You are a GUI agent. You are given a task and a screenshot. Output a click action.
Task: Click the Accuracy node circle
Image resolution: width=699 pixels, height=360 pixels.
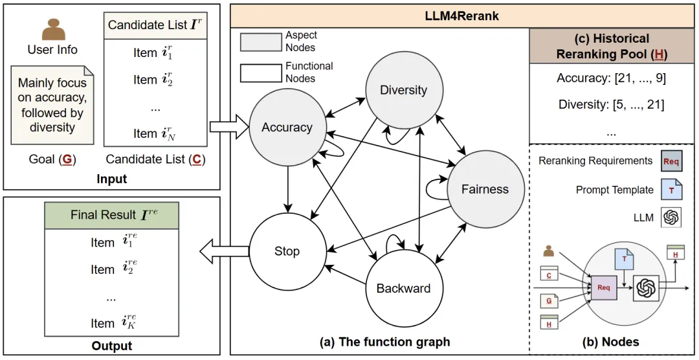287,128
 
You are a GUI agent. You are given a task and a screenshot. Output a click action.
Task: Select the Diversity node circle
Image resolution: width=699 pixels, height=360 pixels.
403,90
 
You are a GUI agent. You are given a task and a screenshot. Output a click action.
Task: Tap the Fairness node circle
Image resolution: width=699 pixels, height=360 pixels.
484,189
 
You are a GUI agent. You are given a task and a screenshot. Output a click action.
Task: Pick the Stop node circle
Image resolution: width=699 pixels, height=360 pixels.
287,251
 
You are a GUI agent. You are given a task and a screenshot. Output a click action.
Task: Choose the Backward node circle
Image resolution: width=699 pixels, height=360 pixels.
403,288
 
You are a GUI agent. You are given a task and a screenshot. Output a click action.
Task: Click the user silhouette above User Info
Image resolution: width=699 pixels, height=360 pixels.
52,28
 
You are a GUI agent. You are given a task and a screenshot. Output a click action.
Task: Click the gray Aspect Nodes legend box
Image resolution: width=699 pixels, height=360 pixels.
261,41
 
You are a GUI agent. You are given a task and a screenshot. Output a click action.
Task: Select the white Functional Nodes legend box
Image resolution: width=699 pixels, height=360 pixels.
261,73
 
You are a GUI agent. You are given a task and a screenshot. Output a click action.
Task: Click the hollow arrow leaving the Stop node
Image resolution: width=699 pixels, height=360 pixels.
224,251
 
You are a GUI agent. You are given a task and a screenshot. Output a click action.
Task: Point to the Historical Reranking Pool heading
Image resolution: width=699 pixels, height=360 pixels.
611,46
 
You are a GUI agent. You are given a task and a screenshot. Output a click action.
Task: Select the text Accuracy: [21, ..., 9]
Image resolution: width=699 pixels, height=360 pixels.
611,78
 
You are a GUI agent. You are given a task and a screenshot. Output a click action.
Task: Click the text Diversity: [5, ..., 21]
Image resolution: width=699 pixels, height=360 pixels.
611,104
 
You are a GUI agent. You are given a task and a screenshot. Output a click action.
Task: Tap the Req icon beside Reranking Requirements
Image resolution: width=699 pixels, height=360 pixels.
671,160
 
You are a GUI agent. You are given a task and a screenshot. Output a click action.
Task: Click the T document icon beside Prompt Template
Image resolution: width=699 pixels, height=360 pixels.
671,189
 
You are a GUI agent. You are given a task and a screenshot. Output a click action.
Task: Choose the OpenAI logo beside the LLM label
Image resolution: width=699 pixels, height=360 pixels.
671,218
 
